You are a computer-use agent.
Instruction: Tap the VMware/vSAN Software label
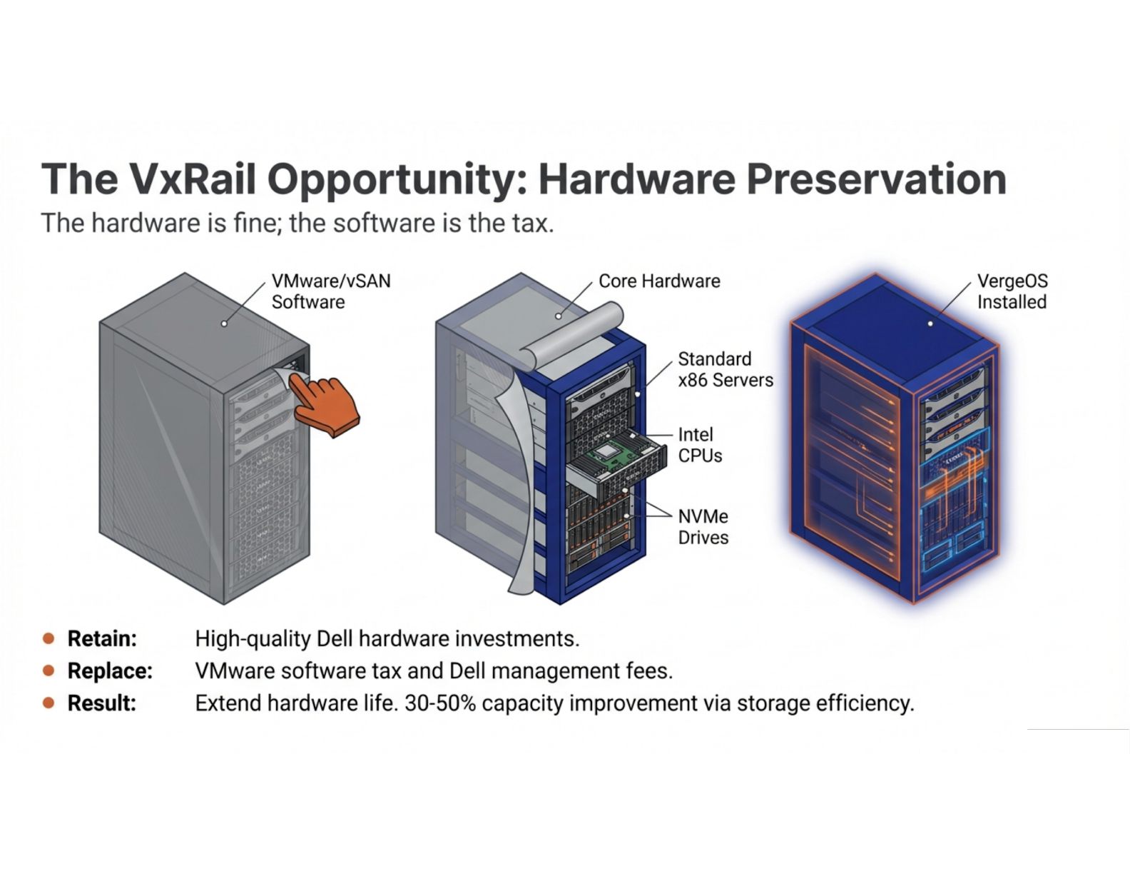[331, 291]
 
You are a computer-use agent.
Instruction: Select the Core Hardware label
[659, 281]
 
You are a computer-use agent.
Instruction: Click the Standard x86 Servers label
[726, 370]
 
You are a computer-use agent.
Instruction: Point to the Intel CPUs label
[700, 445]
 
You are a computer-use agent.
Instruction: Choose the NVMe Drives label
[703, 527]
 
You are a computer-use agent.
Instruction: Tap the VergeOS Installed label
[1012, 291]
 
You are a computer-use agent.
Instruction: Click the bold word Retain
[102, 638]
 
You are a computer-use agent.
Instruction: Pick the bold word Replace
[111, 670]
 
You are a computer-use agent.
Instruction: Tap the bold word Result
[102, 703]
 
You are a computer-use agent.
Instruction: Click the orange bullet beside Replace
[49, 671]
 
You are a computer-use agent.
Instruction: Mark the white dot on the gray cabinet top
[224, 323]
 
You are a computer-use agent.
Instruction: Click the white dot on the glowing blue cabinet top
[930, 323]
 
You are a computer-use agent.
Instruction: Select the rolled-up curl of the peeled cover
[572, 333]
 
